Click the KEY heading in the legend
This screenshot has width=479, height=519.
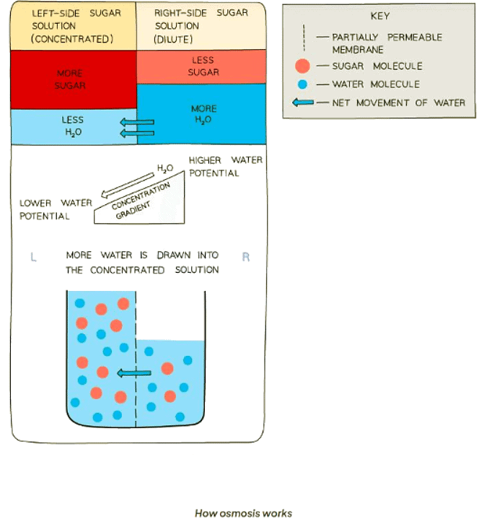(x=379, y=17)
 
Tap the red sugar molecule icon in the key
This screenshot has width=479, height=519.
(x=303, y=66)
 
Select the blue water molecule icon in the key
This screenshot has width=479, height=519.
(x=303, y=84)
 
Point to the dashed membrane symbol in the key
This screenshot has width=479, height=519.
(x=303, y=41)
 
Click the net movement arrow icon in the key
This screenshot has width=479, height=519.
(x=303, y=103)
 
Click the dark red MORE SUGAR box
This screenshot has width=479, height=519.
(x=71, y=79)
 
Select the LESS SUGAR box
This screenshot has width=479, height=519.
(x=203, y=67)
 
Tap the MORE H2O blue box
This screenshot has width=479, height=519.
(x=203, y=113)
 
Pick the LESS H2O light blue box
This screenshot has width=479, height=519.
(x=73, y=125)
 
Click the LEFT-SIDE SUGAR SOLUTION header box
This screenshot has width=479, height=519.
(x=71, y=27)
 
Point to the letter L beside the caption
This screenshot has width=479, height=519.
(x=33, y=256)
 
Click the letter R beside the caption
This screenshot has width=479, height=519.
(x=245, y=256)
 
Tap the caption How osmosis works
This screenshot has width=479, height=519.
(x=243, y=513)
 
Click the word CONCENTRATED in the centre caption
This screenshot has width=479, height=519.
(x=124, y=269)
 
